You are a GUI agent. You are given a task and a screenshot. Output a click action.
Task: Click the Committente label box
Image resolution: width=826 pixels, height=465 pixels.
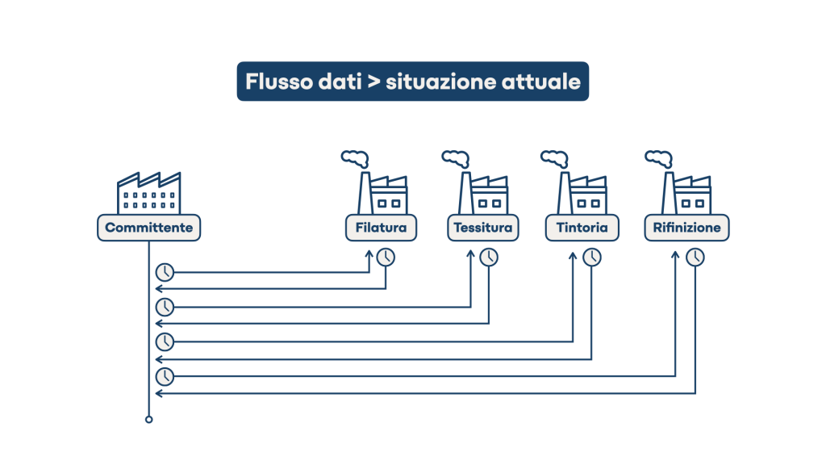click(x=149, y=228)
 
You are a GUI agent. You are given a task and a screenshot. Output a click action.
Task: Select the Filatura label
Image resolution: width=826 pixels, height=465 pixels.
click(x=381, y=228)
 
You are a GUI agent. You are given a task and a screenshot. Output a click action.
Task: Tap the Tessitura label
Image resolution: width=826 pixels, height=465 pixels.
click(x=482, y=228)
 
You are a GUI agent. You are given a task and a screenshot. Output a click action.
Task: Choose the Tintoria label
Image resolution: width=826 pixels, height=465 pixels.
click(x=582, y=228)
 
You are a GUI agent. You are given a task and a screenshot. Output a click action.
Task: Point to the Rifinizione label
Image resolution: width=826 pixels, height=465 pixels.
click(x=686, y=228)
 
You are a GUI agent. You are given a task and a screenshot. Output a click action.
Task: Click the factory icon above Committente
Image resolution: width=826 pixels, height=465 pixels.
click(x=149, y=191)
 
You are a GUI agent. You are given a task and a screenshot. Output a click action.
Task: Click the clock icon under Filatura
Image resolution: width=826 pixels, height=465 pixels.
click(x=386, y=257)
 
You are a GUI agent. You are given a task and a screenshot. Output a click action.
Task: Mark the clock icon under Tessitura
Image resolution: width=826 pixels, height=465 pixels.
click(x=489, y=257)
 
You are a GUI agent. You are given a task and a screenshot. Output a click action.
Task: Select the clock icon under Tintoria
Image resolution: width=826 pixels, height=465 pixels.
click(x=592, y=257)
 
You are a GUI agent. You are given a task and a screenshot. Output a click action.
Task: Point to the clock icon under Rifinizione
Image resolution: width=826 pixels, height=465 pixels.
click(x=695, y=257)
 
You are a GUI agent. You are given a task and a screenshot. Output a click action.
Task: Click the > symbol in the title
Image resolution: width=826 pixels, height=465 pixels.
click(x=373, y=82)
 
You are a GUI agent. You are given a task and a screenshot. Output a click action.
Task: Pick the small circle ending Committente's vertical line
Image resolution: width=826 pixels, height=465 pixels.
click(x=148, y=420)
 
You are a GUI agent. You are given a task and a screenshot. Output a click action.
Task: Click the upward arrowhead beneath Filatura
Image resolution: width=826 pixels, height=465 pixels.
click(x=370, y=253)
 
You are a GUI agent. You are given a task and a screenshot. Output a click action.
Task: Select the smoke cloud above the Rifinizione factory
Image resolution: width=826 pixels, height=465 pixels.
click(x=657, y=157)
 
